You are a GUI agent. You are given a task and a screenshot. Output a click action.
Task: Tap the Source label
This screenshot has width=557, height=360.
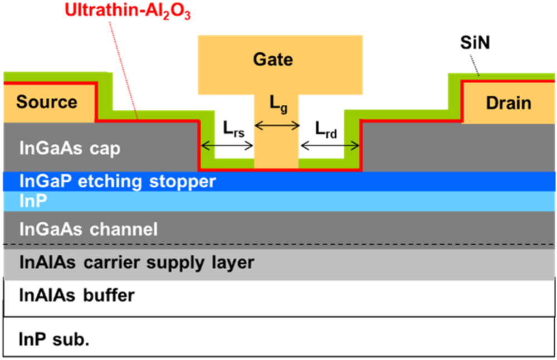(x=47, y=102)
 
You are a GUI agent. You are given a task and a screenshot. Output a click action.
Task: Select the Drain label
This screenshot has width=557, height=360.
(x=509, y=103)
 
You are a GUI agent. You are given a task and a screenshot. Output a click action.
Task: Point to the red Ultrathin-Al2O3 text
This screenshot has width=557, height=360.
(x=128, y=10)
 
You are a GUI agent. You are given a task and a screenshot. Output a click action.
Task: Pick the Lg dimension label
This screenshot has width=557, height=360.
(x=278, y=104)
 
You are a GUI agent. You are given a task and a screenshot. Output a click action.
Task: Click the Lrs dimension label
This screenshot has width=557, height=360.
(x=227, y=129)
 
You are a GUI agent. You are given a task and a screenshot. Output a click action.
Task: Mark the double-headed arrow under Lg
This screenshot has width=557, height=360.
(x=277, y=127)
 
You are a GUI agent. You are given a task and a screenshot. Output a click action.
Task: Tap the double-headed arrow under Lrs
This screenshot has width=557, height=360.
(x=227, y=147)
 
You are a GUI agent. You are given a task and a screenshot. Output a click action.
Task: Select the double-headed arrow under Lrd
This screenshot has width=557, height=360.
(x=329, y=147)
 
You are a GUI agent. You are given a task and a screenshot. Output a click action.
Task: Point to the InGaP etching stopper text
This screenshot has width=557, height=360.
(x=117, y=181)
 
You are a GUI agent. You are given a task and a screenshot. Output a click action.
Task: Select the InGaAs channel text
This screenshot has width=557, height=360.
(x=89, y=228)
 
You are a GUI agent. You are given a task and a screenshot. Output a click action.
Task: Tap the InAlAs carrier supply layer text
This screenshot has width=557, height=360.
(x=136, y=262)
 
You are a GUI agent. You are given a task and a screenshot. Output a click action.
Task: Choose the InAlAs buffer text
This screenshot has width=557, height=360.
(x=77, y=294)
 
